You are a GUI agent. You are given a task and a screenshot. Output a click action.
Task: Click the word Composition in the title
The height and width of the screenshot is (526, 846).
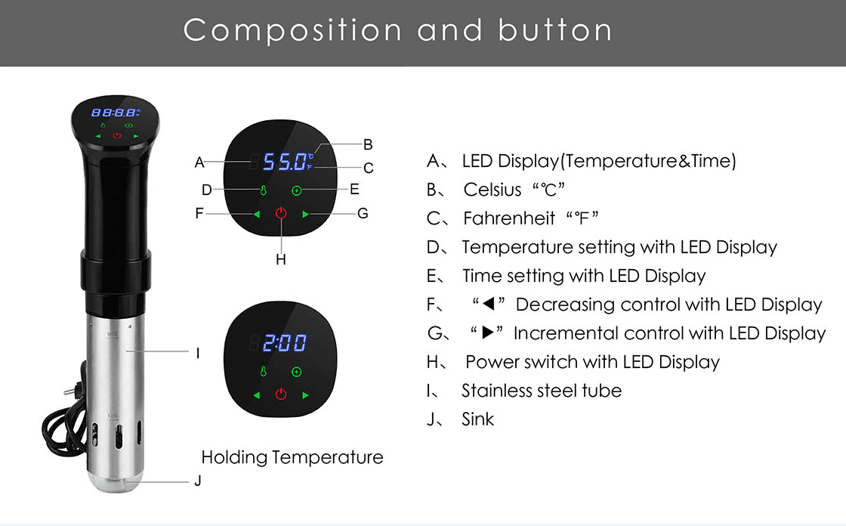tap(292, 29)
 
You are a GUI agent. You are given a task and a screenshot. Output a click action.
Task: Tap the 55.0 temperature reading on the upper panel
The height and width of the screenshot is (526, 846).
tap(284, 162)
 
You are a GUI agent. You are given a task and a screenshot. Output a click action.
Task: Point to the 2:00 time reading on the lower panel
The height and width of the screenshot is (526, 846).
tap(285, 342)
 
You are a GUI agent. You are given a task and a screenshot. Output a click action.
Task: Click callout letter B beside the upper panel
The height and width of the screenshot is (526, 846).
tap(368, 144)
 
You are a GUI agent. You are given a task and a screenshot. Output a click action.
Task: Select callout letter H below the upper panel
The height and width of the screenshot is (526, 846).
tap(280, 260)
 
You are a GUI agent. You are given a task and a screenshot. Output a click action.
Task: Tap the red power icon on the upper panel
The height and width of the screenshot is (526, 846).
tap(280, 213)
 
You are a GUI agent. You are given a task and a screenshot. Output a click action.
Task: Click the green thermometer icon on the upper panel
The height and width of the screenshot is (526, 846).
tap(264, 190)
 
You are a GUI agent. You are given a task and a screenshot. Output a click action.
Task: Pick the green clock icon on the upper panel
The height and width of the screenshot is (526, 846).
tap(296, 190)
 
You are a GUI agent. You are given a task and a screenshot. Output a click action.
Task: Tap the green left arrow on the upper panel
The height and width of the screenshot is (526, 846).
tap(257, 215)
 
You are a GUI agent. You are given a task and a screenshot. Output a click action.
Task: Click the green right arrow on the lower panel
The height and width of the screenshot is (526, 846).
tap(305, 395)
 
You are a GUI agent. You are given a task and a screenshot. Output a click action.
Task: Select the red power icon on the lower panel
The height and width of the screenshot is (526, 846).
tap(280, 394)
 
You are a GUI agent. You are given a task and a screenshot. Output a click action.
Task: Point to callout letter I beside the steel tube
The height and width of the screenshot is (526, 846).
tap(198, 353)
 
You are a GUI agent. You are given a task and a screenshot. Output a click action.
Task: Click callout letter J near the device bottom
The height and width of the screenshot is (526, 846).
tap(198, 481)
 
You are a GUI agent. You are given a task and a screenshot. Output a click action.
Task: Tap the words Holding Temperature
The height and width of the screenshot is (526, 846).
tap(292, 457)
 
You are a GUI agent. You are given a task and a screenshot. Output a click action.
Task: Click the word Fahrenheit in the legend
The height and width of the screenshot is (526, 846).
tap(509, 218)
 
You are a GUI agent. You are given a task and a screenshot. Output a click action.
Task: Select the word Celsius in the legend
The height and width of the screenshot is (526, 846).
tap(492, 190)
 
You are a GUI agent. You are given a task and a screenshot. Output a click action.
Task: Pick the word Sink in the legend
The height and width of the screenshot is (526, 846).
tap(477, 419)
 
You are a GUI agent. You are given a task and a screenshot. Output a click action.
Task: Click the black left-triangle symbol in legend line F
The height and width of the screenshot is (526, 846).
tap(488, 304)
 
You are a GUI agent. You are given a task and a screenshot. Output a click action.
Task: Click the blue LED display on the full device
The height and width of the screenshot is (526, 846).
tap(116, 113)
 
